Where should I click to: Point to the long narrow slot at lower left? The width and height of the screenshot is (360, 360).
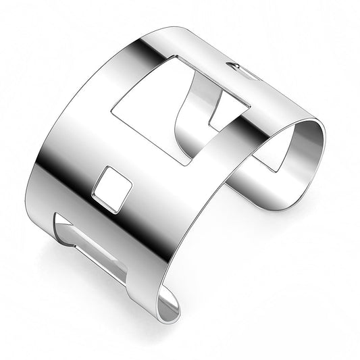(x=91, y=246)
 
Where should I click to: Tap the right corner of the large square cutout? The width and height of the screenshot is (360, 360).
(x=251, y=106)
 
